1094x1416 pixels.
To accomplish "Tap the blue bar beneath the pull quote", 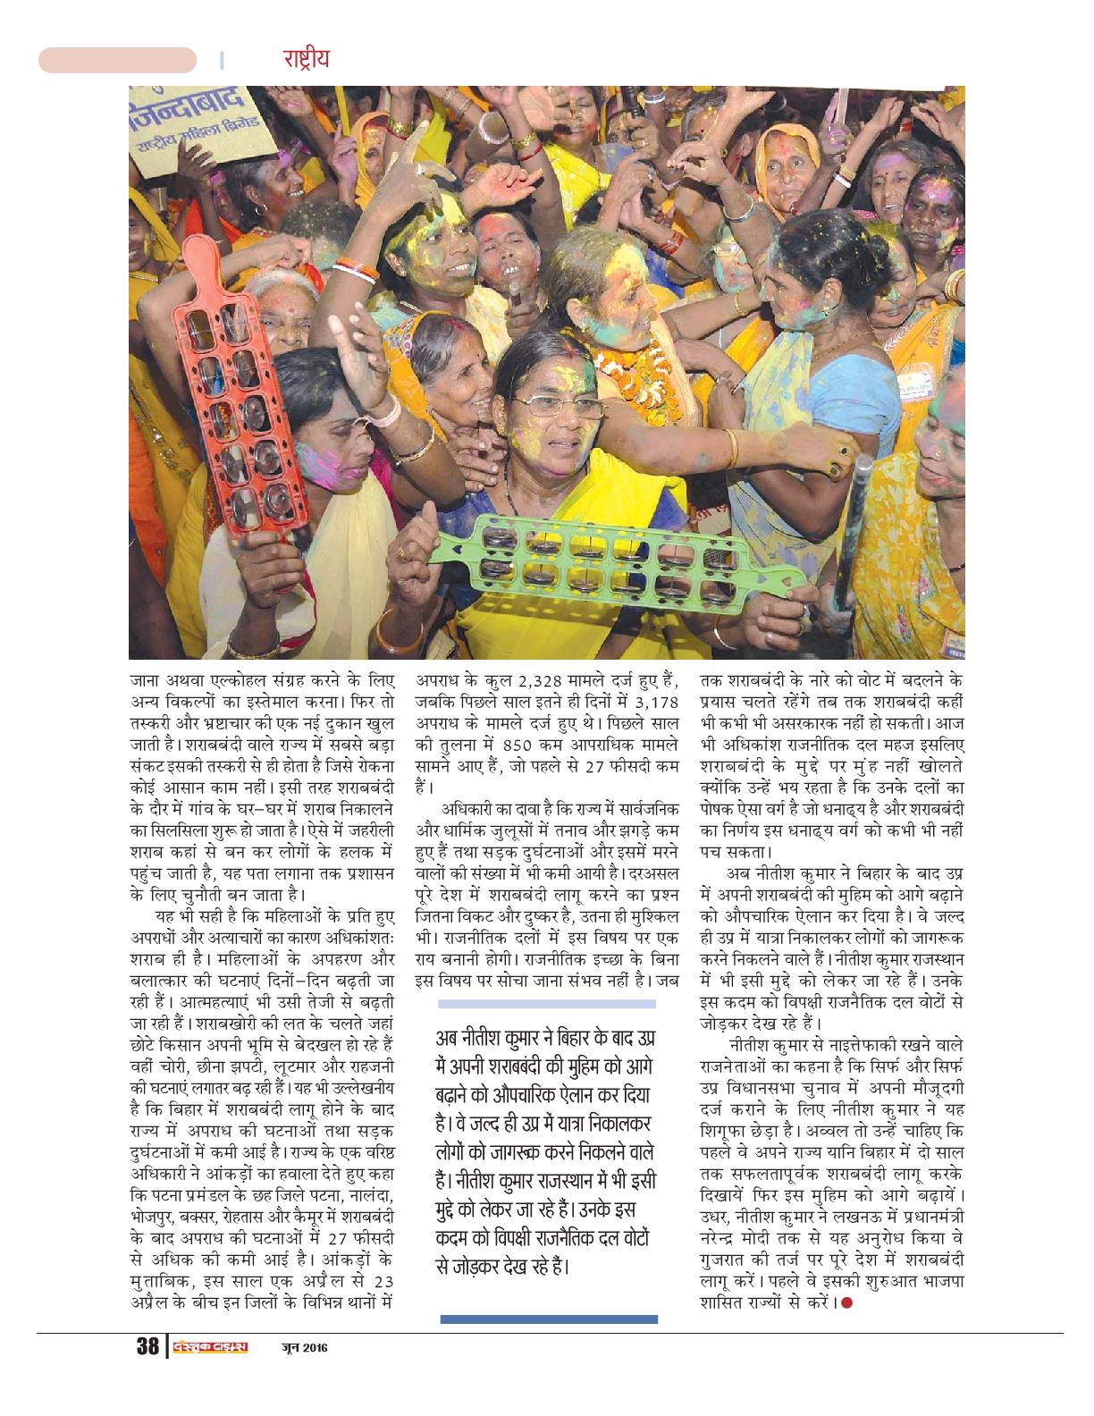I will [548, 1319].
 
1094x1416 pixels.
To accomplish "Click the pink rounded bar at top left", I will [116, 60].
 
